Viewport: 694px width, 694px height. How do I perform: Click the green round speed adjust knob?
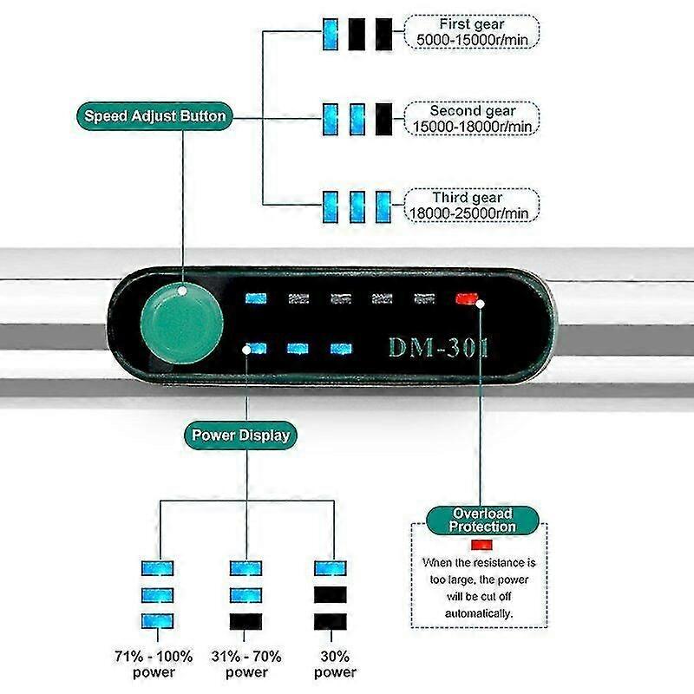pyautogui.click(x=182, y=324)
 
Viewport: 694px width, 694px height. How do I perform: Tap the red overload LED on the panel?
pyautogui.click(x=467, y=298)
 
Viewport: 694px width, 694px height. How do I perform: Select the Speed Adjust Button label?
pyautogui.click(x=154, y=116)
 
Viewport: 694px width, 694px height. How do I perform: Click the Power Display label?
pyautogui.click(x=240, y=435)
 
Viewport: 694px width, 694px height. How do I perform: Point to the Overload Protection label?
pyautogui.click(x=482, y=520)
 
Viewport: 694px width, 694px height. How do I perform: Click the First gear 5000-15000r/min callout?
pyautogui.click(x=472, y=32)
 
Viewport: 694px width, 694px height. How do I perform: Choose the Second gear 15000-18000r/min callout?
pyautogui.click(x=472, y=119)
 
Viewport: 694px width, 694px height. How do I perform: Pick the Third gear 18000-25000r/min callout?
pyautogui.click(x=472, y=206)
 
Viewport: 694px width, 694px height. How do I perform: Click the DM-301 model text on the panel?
pyautogui.click(x=438, y=347)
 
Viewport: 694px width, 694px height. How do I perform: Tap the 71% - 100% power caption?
pyautogui.click(x=154, y=664)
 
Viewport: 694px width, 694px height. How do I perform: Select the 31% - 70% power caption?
pyautogui.click(x=246, y=664)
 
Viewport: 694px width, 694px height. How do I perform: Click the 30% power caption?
pyautogui.click(x=335, y=664)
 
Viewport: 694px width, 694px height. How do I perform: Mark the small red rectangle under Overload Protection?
pyautogui.click(x=482, y=545)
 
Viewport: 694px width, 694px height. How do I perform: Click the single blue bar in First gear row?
pyautogui.click(x=331, y=34)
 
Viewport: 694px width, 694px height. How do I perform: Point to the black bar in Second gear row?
pyautogui.click(x=383, y=119)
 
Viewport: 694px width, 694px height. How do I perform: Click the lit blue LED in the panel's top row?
pyautogui.click(x=256, y=298)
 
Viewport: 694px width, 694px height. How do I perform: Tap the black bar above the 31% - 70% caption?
pyautogui.click(x=246, y=621)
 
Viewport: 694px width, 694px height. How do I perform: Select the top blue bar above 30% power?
pyautogui.click(x=331, y=568)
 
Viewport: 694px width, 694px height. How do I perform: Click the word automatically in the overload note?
pyautogui.click(x=479, y=614)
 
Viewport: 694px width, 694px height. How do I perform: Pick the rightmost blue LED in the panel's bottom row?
pyautogui.click(x=341, y=349)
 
